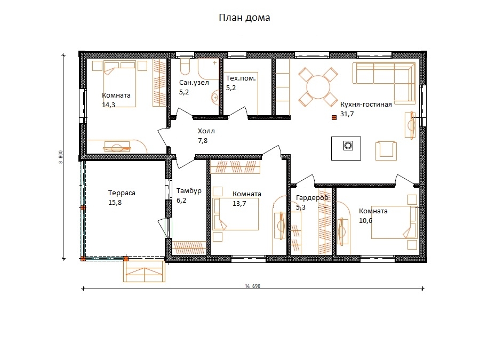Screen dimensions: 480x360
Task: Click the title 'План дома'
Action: (x=244, y=18)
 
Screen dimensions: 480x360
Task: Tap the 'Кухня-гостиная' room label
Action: (x=366, y=105)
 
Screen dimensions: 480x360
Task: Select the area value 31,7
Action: (x=347, y=114)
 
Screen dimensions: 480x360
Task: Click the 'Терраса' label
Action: (x=122, y=193)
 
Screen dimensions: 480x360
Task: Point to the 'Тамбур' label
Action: (x=189, y=191)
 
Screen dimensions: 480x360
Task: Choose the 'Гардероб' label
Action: (x=312, y=198)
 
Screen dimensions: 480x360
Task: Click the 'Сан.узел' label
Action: (x=194, y=83)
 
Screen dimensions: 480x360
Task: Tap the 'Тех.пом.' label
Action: (x=241, y=78)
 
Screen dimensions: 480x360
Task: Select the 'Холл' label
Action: (x=206, y=131)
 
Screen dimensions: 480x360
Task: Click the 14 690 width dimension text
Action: (x=253, y=286)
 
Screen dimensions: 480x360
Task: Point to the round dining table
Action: (x=318, y=87)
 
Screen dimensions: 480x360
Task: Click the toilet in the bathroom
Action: (x=185, y=67)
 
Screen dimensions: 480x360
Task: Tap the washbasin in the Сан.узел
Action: (x=215, y=98)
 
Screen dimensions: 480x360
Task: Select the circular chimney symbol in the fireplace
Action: (x=348, y=146)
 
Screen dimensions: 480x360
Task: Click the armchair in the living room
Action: (x=386, y=151)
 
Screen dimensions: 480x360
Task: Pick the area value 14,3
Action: (x=108, y=105)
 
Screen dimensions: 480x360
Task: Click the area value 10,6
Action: (x=365, y=221)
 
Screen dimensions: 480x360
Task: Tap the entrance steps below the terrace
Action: (x=144, y=271)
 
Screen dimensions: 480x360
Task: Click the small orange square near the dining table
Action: (x=334, y=117)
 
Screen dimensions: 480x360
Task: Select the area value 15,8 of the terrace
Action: (x=115, y=203)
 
